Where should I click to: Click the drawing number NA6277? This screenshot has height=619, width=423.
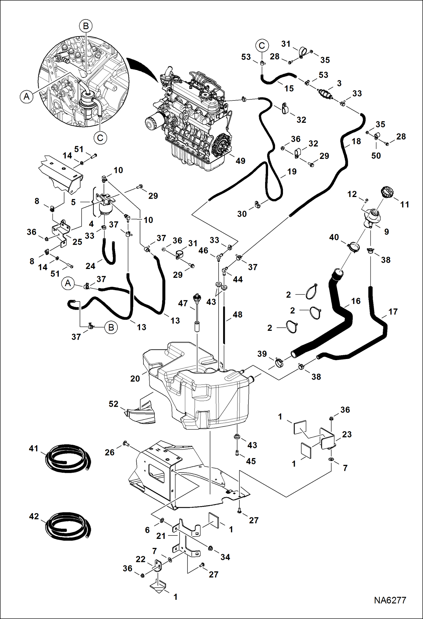pyautogui.click(x=390, y=600)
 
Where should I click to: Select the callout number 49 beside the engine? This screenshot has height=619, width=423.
pyautogui.click(x=240, y=161)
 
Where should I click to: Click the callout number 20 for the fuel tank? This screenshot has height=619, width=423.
pyautogui.click(x=135, y=379)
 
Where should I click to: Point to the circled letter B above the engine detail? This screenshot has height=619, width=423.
pyautogui.click(x=86, y=26)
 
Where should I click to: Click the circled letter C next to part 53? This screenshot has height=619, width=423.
pyautogui.click(x=262, y=46)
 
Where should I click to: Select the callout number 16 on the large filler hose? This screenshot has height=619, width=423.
pyautogui.click(x=356, y=301)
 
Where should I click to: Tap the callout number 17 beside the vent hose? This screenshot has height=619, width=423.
pyautogui.click(x=393, y=312)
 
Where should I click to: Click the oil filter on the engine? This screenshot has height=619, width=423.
pyautogui.click(x=153, y=124)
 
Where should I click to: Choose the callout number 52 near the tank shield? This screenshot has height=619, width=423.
pyautogui.click(x=114, y=404)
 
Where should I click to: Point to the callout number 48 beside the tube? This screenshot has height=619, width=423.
pyautogui.click(x=237, y=314)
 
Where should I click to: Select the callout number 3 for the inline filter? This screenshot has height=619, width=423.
pyautogui.click(x=339, y=83)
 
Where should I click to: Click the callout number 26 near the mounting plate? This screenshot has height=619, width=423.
pyautogui.click(x=110, y=452)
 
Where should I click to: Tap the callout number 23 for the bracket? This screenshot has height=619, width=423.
pyautogui.click(x=347, y=434)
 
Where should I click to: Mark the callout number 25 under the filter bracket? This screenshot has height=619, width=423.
pyautogui.click(x=77, y=242)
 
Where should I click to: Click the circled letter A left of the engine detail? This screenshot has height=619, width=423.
pyautogui.click(x=27, y=97)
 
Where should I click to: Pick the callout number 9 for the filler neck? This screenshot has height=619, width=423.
pyautogui.click(x=386, y=232)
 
